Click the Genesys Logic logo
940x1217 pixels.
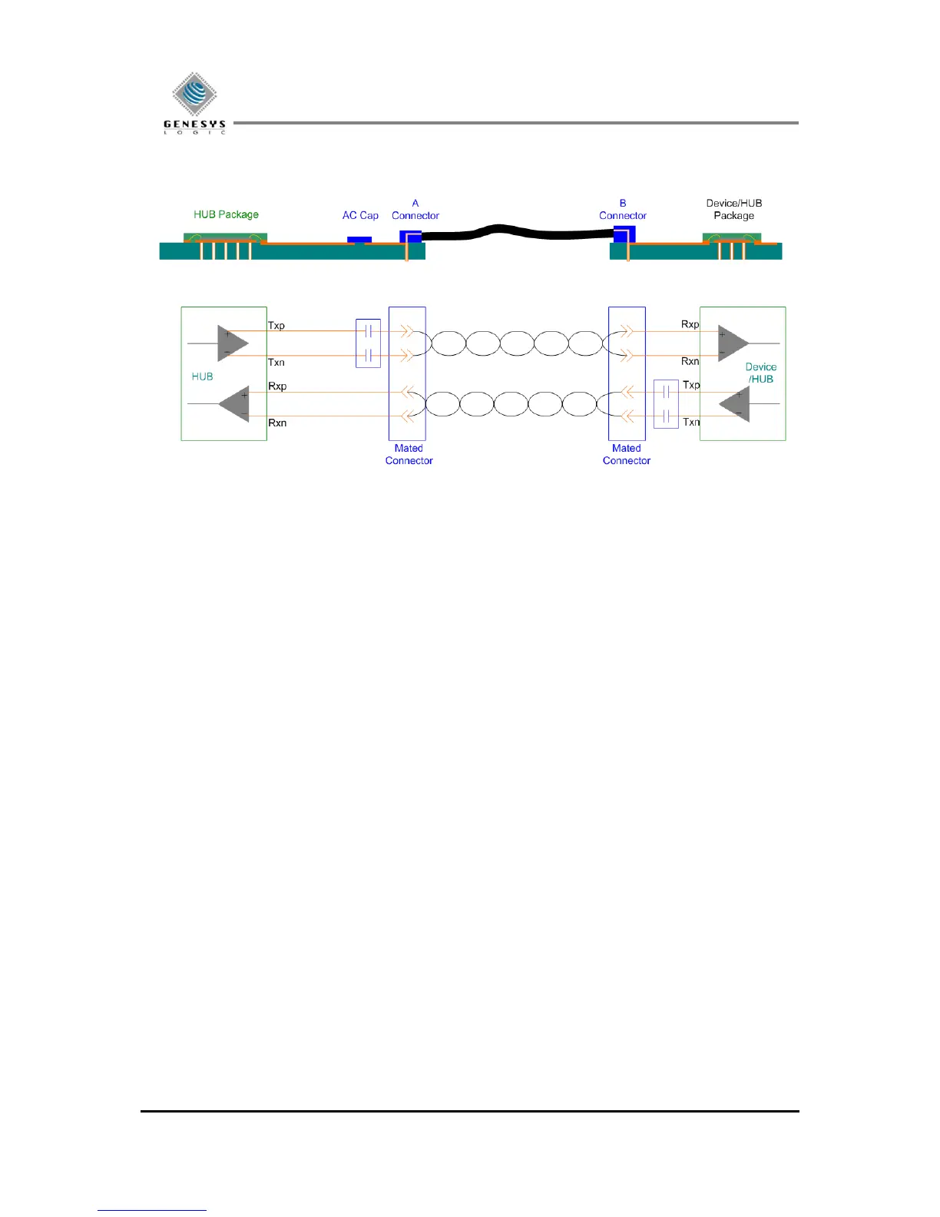coord(194,103)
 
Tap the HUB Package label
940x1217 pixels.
coord(226,214)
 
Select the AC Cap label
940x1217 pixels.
coord(360,216)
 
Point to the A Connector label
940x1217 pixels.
coord(415,210)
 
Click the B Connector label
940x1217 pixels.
coord(623,210)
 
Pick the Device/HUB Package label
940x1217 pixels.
coord(734,210)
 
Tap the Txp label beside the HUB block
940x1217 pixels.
coord(276,326)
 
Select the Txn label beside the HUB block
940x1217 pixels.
coord(276,363)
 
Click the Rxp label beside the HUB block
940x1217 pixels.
coord(277,386)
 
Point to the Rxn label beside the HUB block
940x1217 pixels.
coord(277,423)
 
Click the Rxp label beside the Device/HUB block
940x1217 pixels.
coord(690,324)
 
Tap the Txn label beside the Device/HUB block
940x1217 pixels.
coord(691,422)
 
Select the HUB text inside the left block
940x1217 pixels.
coord(203,376)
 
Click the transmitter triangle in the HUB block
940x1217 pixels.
coord(232,343)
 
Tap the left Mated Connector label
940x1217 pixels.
coord(409,455)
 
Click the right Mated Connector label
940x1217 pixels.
coord(627,455)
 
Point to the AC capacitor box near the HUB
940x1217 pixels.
coord(369,343)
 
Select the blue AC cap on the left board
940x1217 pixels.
coord(359,240)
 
